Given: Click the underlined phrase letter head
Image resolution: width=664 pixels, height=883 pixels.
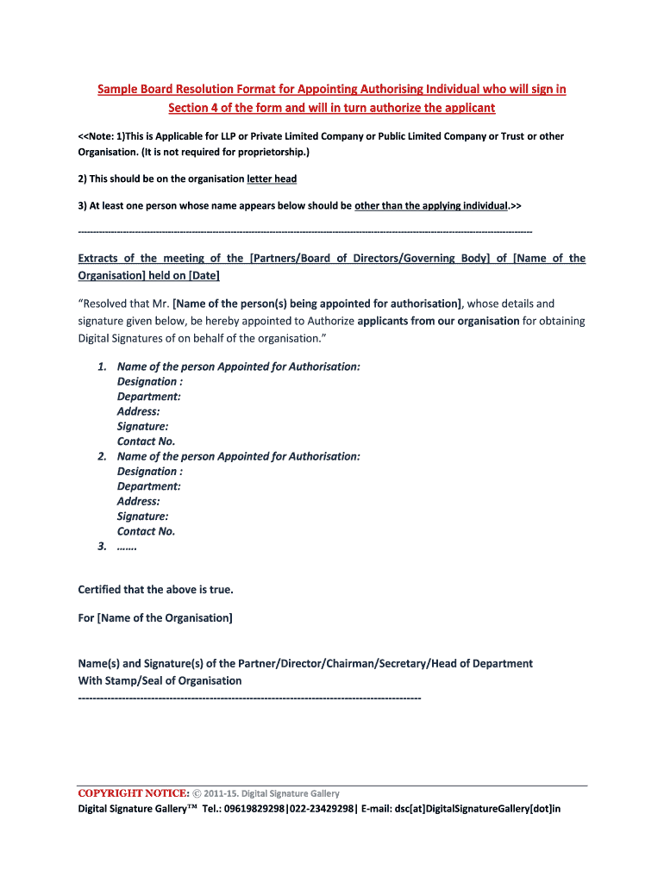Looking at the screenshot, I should [272, 178].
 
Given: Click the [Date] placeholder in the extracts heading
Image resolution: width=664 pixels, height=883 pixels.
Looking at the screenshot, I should [201, 276].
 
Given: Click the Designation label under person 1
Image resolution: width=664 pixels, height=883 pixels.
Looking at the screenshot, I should [149, 381].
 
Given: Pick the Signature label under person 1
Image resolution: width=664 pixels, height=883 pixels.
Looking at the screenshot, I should [142, 426].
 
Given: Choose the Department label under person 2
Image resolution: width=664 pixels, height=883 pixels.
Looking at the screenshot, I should [148, 486].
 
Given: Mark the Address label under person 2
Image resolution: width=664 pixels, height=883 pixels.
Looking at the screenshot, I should [138, 501].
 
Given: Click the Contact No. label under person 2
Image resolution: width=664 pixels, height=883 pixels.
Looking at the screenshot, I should [146, 531].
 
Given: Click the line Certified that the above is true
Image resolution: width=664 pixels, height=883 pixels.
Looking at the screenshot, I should [155, 590].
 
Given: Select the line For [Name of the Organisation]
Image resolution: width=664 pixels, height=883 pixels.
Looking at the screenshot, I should [155, 618].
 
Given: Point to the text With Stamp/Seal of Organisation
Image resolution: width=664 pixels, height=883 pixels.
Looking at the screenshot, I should [160, 680].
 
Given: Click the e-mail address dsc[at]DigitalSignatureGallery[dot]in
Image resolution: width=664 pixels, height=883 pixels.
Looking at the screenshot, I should [478, 809].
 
